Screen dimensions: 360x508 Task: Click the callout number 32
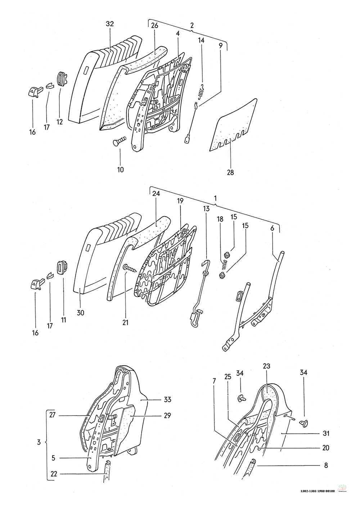tap(110, 24)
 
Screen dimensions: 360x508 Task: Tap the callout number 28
tap(230, 172)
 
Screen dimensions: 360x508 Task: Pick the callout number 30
tap(80, 313)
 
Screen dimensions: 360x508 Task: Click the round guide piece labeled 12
tap(62, 79)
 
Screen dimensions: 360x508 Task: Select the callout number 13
tap(206, 209)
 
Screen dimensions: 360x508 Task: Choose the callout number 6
tap(272, 228)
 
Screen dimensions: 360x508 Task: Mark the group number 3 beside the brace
tap(39, 442)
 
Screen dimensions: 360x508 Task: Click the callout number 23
tap(267, 366)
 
